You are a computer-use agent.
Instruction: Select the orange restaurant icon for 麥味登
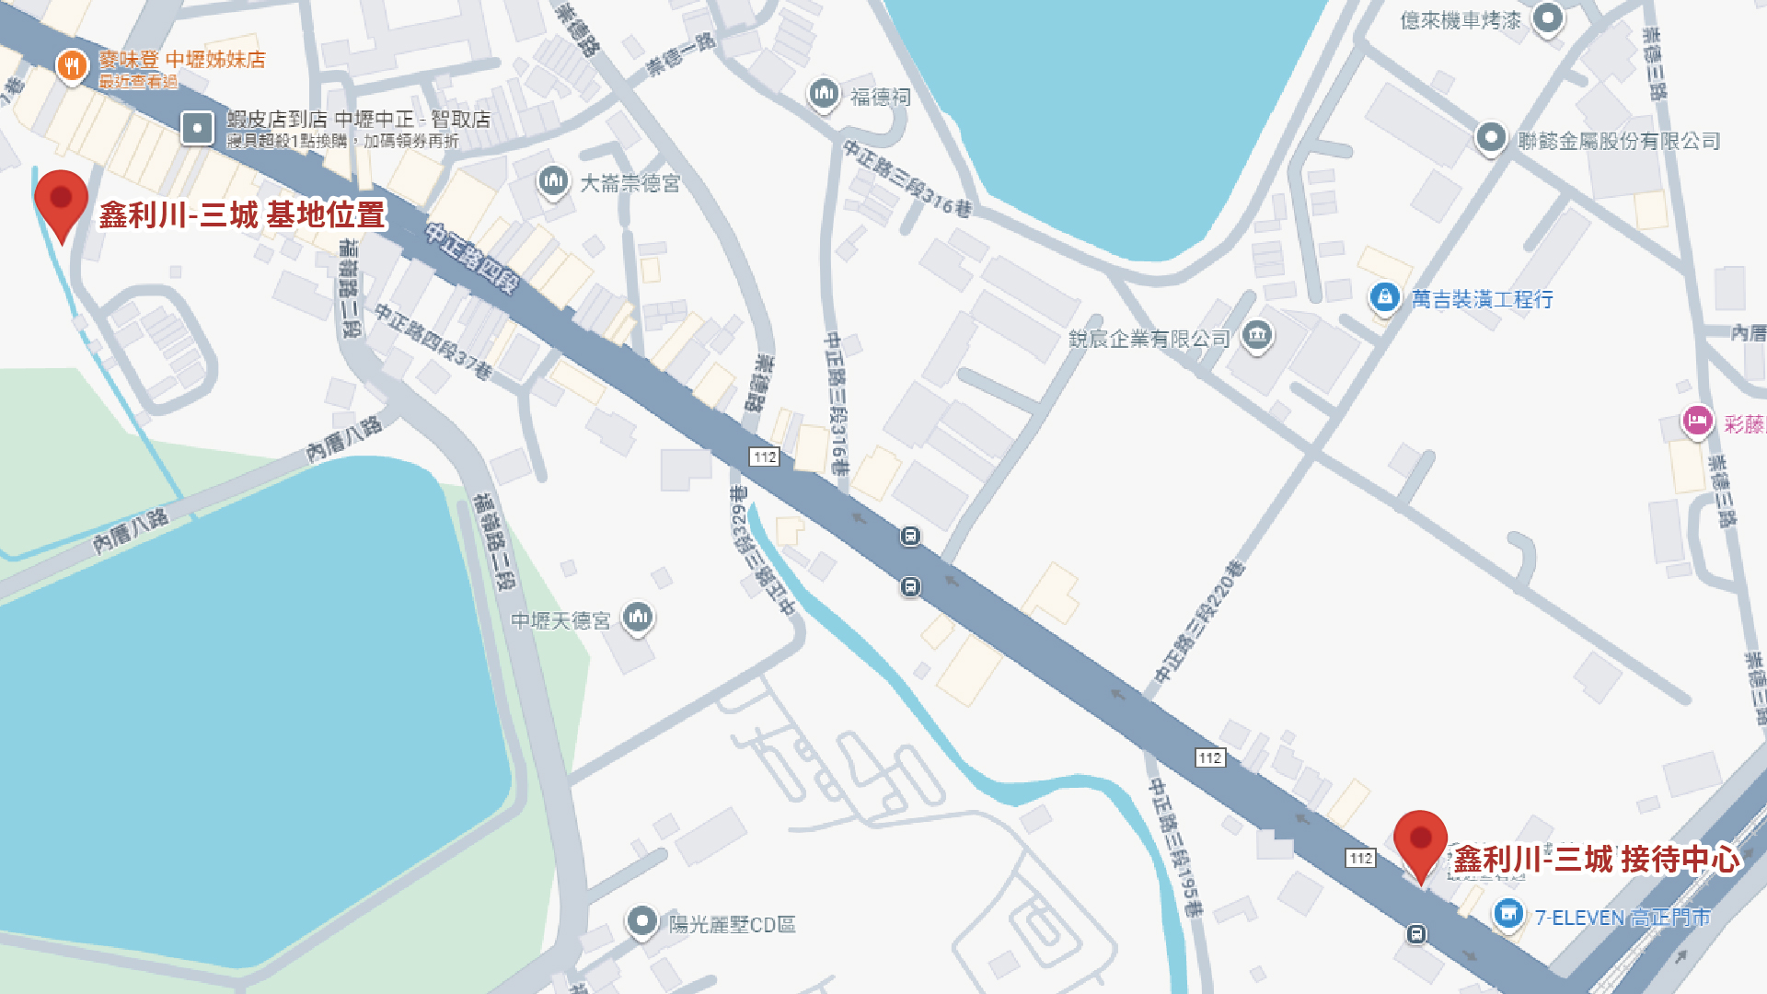pyautogui.click(x=72, y=65)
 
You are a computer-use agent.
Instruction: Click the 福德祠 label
pyautogui.click(x=880, y=97)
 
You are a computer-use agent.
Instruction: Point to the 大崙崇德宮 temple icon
pyautogui.click(x=553, y=181)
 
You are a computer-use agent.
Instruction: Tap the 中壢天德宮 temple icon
pyautogui.click(x=638, y=617)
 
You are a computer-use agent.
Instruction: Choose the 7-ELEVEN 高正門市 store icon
pyautogui.click(x=1507, y=914)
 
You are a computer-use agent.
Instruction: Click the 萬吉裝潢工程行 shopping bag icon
pyautogui.click(x=1384, y=297)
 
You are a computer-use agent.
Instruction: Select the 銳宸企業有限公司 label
pyautogui.click(x=1149, y=339)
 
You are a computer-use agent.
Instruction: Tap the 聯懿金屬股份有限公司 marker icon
pyautogui.click(x=1490, y=138)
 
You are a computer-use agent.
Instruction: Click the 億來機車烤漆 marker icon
pyautogui.click(x=1548, y=17)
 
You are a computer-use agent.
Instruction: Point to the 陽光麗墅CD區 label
pyautogui.click(x=732, y=924)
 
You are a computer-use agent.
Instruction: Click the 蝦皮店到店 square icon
pyautogui.click(x=197, y=128)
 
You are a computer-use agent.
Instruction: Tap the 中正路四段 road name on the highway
pyautogui.click(x=471, y=258)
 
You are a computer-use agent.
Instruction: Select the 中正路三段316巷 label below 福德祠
pyautogui.click(x=907, y=179)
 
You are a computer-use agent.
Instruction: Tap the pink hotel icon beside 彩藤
pyautogui.click(x=1696, y=422)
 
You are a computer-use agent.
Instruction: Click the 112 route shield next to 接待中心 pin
pyautogui.click(x=1360, y=858)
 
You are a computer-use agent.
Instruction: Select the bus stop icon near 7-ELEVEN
pyautogui.click(x=1416, y=934)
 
